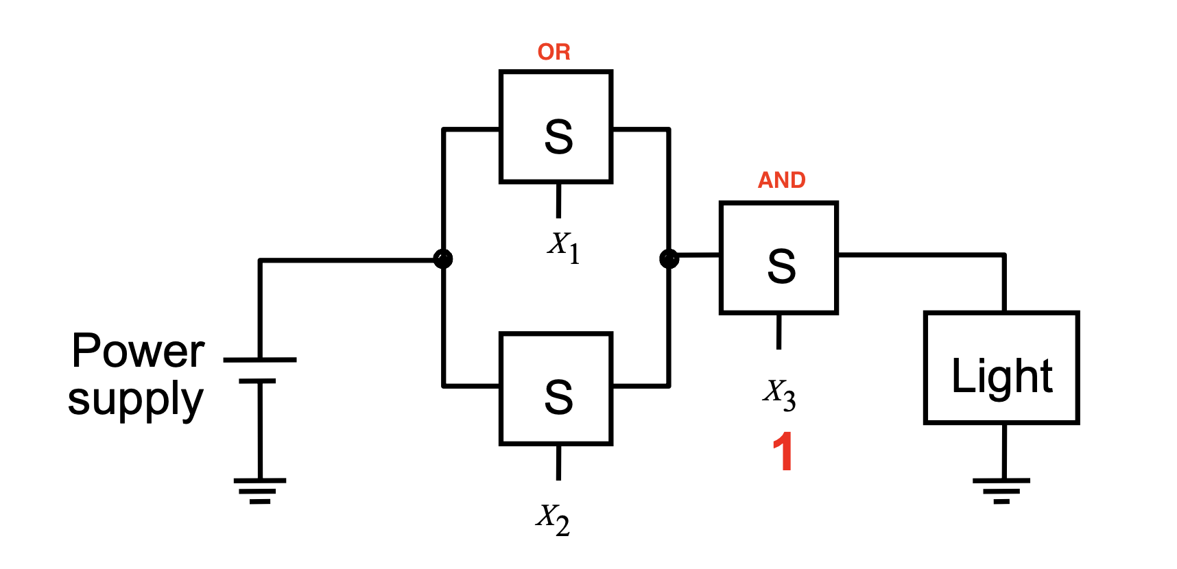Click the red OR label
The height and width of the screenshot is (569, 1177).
coord(554,52)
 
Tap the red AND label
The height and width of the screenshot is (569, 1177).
coord(781,180)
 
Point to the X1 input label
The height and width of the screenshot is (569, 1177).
coord(564,247)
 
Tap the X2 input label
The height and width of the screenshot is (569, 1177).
coord(553,520)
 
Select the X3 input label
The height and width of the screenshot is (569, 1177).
coord(779,395)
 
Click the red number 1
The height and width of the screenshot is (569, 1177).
coord(783,451)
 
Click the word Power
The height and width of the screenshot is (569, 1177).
coord(138,351)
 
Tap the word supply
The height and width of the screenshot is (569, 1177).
coord(136,400)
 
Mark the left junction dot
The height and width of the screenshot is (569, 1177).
coord(443,259)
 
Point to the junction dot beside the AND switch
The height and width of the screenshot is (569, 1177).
coord(669,259)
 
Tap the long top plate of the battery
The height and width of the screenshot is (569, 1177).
coord(260,359)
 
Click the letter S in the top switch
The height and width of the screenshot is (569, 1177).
coord(558,136)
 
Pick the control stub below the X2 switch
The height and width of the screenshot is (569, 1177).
coord(558,463)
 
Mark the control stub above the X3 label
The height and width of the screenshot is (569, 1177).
coord(778,332)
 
